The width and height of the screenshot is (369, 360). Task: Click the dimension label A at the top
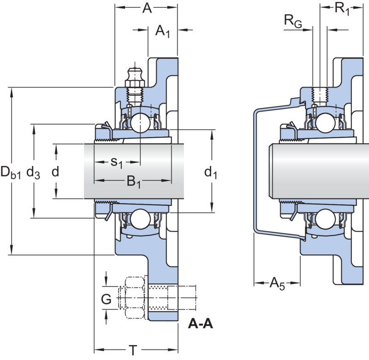coord(147,8)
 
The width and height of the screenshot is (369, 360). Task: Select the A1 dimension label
coord(162,31)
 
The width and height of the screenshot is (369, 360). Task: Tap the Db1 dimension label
coord(11,172)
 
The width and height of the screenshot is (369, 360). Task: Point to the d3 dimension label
coord(33,172)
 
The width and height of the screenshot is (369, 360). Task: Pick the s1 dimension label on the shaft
coord(117,162)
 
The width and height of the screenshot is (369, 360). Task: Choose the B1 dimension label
coord(134,182)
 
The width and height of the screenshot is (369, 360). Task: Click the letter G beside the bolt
coord(106,299)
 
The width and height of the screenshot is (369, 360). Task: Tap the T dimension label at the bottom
coord(133,350)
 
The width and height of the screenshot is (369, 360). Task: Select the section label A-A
coord(201,324)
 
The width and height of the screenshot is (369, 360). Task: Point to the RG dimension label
coord(293,21)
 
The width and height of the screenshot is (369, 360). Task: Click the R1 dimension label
coord(342,9)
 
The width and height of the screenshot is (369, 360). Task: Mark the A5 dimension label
coord(277,283)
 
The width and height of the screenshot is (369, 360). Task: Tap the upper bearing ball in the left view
coord(140,123)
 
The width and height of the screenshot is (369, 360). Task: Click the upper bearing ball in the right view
coord(326,123)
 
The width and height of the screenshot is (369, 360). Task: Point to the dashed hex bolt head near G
coord(134,298)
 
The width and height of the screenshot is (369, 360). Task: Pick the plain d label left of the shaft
coord(55,171)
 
